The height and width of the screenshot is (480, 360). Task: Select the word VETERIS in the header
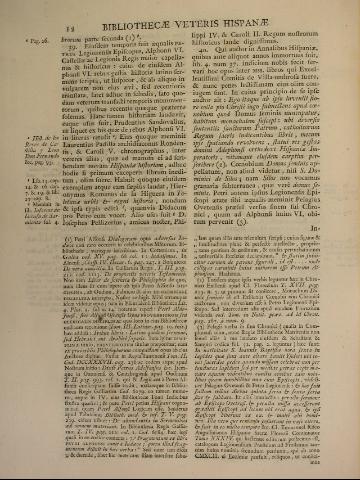point(213,12)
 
